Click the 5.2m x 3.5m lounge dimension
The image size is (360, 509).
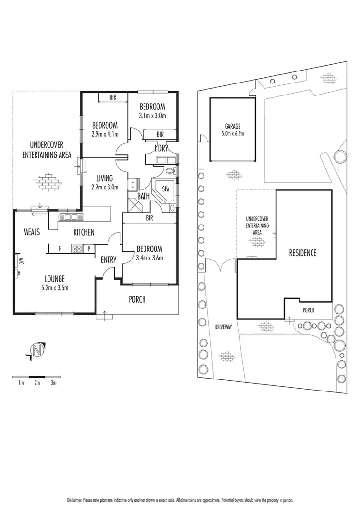click(55, 288)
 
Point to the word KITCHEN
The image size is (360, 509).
click(84, 232)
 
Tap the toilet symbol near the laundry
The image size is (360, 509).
click(169, 171)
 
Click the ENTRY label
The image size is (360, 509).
click(108, 260)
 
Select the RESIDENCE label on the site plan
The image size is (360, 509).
click(302, 253)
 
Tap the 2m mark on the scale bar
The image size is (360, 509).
click(37, 383)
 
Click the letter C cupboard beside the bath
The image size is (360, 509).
click(132, 185)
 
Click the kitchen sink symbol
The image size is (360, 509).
click(71, 217)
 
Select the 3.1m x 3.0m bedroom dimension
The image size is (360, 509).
click(153, 116)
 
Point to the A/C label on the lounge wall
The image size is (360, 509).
click(20, 262)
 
